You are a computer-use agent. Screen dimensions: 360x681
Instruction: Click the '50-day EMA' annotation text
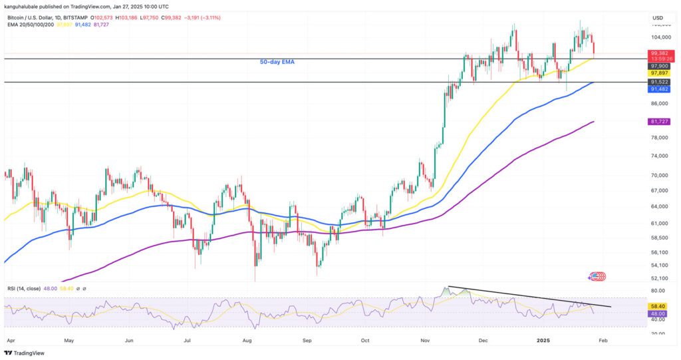277,62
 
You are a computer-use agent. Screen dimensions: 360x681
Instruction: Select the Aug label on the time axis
247,338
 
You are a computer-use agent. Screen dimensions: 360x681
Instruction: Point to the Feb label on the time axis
602,338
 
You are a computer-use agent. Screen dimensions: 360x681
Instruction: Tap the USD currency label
658,17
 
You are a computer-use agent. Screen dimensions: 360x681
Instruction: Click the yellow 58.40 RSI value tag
658,306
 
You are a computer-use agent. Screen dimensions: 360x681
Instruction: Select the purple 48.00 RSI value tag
658,313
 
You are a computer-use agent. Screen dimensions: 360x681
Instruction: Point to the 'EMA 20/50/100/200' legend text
30,25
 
